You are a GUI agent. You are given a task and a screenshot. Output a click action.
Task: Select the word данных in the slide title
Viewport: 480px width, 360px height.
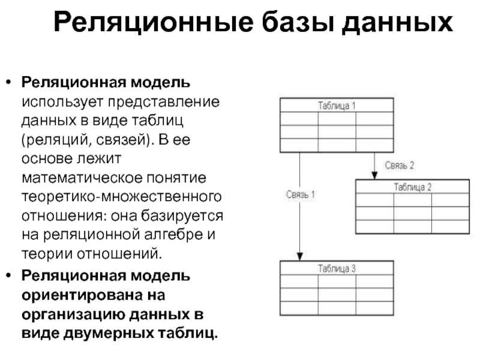tap(397, 23)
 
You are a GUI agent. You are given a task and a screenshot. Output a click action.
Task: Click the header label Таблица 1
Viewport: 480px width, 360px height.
tap(337, 106)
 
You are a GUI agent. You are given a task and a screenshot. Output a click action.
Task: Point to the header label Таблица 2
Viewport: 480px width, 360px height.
tap(412, 187)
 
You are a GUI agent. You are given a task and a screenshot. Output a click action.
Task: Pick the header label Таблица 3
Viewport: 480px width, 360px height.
tap(337, 268)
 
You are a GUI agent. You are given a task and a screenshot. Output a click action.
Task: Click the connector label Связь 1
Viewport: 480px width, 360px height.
tap(301, 194)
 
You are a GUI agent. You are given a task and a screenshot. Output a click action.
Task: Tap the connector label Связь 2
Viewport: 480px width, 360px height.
tap(400, 166)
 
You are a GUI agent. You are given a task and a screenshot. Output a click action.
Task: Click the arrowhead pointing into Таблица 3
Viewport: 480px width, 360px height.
tap(300, 256)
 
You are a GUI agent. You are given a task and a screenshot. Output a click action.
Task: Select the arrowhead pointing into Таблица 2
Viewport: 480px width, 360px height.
tap(374, 175)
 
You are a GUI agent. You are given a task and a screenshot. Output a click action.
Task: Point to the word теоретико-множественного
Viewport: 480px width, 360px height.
tap(122, 197)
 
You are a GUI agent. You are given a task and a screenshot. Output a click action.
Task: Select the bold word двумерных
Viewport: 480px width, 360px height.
tap(109, 334)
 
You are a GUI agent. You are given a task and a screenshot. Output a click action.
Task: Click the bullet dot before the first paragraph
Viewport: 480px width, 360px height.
tap(8, 82)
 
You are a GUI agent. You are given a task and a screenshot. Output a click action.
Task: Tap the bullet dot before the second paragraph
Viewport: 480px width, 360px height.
tap(8, 275)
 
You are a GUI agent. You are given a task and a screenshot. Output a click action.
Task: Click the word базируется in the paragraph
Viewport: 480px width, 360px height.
tap(182, 216)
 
